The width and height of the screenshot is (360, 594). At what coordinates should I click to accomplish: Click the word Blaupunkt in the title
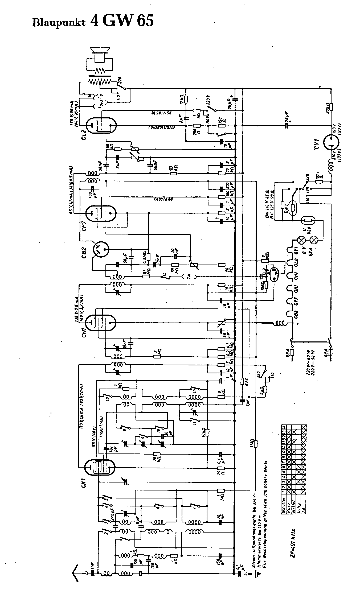[x=59, y=22]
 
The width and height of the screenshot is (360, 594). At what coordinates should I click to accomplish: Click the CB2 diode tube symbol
[x=101, y=249]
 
